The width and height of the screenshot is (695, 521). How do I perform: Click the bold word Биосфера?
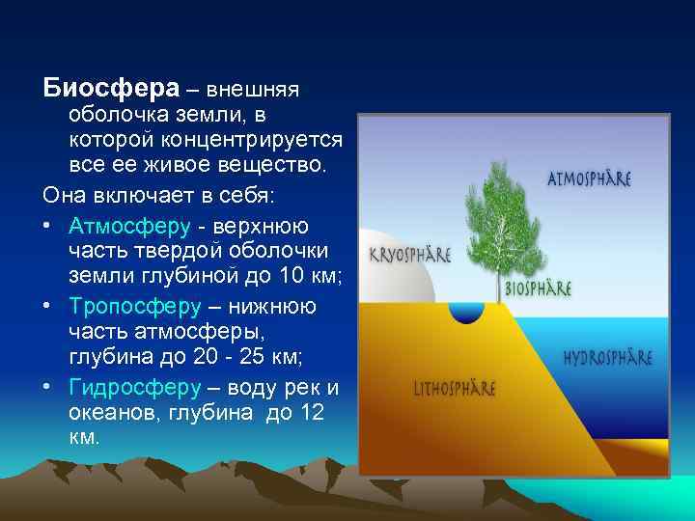click(x=111, y=89)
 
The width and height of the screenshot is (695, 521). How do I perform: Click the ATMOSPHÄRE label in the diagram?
click(x=589, y=179)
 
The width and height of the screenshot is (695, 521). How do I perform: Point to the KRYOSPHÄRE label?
click(x=409, y=255)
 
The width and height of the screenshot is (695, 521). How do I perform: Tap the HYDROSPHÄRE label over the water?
click(x=607, y=358)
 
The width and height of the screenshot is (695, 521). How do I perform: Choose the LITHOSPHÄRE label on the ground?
click(x=454, y=390)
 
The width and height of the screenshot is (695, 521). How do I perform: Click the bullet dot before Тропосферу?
click(x=48, y=307)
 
